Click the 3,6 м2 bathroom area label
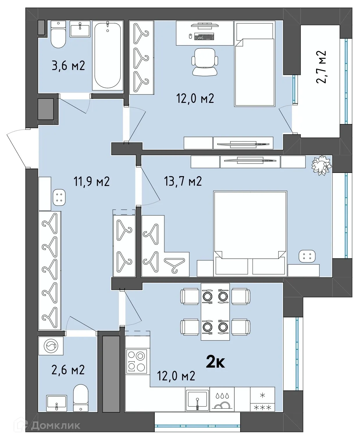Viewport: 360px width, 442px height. tap(68, 66)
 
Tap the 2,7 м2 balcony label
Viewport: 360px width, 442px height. tap(321, 67)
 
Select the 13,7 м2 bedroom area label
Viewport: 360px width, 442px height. tap(183, 181)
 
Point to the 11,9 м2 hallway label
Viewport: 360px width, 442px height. tap(92, 182)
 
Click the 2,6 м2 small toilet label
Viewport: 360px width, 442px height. tap(68, 370)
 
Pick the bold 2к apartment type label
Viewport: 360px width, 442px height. tap(215, 362)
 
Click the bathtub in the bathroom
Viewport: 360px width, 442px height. tap(108, 55)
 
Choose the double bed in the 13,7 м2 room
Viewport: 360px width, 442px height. tap(250, 232)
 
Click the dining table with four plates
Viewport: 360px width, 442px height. tap(215, 312)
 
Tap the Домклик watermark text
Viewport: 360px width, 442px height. tap(55, 426)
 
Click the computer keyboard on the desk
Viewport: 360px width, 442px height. tap(204, 37)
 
